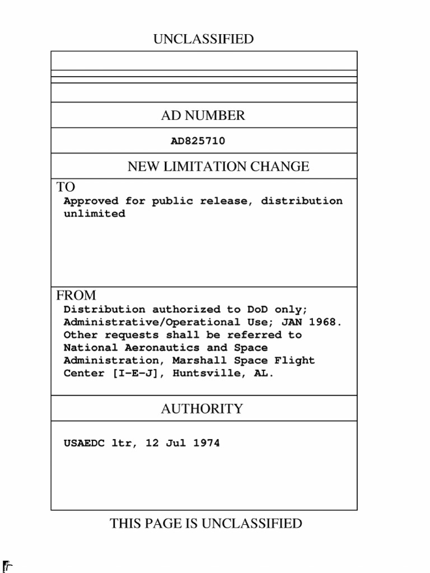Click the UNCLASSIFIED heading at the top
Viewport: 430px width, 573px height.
click(203, 39)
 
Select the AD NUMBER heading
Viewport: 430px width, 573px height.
click(203, 116)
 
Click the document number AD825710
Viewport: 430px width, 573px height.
click(198, 142)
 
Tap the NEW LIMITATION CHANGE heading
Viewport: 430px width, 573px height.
click(218, 167)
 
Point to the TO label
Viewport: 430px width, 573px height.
click(66, 187)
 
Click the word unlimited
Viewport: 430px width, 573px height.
click(94, 214)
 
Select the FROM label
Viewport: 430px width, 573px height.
click(76, 295)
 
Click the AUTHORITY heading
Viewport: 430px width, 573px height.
click(202, 409)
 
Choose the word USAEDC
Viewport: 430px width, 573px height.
click(84, 444)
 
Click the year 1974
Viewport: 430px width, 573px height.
click(206, 444)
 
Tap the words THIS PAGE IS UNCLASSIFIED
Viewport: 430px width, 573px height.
click(206, 524)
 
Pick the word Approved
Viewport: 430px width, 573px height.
click(91, 201)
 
